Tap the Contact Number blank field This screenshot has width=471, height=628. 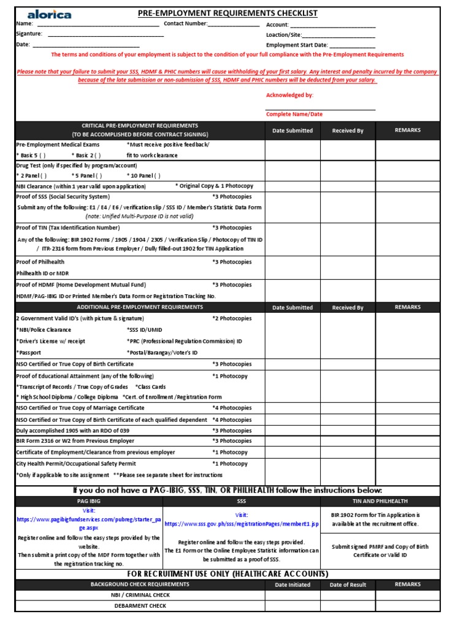coord(233,25)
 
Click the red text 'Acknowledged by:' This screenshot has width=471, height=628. coord(289,95)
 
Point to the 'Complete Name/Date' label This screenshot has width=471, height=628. coord(294,114)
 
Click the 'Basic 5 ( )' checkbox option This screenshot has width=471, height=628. coord(31,155)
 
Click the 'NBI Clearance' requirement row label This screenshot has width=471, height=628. coord(81,186)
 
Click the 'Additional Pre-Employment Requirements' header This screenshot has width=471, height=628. coord(140,307)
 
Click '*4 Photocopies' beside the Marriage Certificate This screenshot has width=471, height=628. coord(232,408)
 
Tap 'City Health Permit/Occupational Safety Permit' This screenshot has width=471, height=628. coord(76,464)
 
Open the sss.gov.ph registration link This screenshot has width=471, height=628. coord(242,524)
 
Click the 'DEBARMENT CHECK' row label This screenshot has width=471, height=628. coord(140,606)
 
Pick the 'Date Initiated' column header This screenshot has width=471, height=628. coord(293,584)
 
